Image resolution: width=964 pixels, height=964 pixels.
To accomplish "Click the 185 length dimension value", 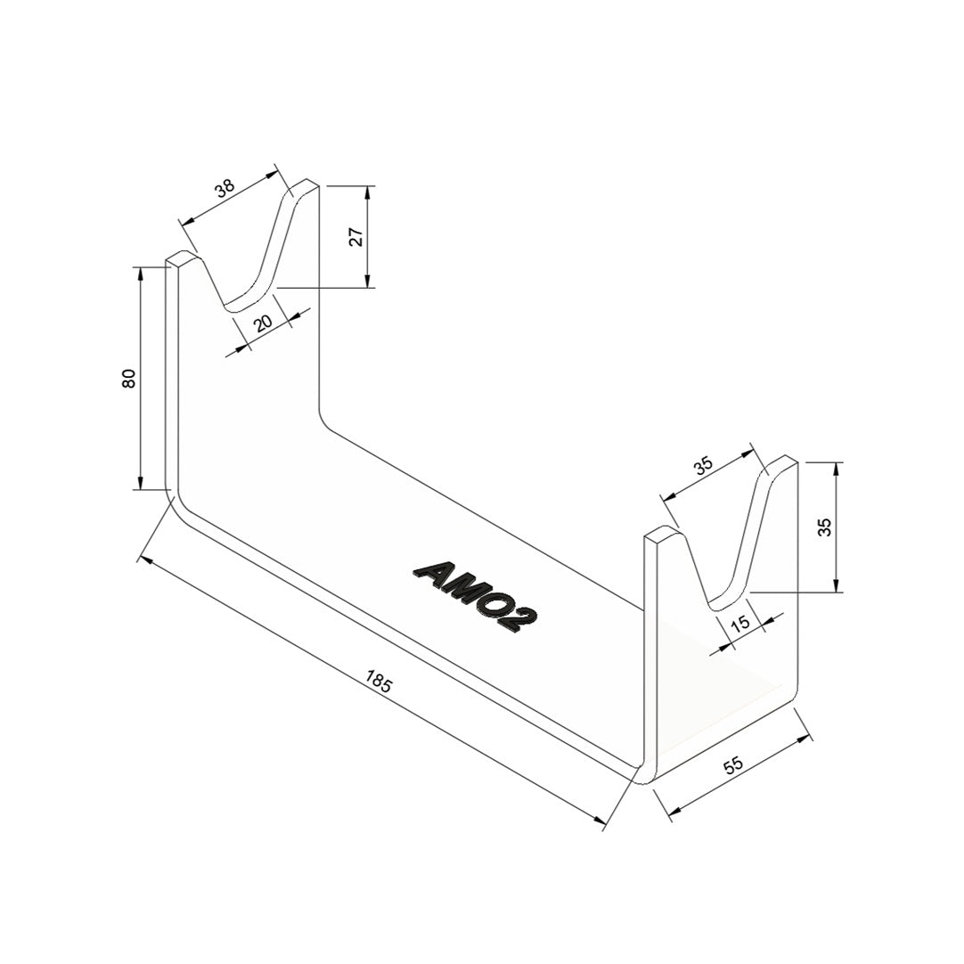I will [379, 683].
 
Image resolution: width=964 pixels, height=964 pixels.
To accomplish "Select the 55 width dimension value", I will [734, 765].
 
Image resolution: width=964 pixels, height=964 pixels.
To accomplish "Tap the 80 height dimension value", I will [129, 378].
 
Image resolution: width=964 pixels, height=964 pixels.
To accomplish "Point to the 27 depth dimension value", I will [355, 237].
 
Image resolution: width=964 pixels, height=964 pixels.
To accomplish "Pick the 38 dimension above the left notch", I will [224, 188].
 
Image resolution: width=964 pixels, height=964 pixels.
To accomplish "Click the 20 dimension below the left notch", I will [263, 323].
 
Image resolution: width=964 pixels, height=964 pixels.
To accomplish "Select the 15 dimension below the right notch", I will [740, 624].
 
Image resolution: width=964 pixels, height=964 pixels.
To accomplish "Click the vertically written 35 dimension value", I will [825, 527].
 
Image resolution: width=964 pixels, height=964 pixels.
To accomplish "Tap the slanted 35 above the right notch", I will [704, 465].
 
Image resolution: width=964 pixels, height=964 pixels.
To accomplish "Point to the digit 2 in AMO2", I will [519, 620].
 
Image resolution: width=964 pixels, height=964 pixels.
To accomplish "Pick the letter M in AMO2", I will [459, 591].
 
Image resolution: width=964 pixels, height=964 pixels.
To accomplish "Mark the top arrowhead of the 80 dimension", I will [140, 271].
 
